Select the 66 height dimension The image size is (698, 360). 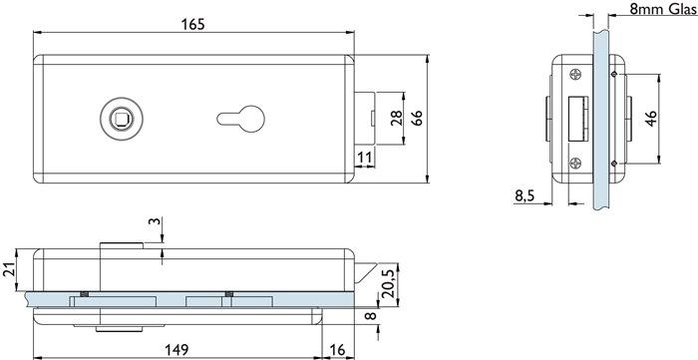pyautogui.click(x=419, y=118)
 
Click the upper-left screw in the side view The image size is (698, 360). pyautogui.click(x=575, y=73)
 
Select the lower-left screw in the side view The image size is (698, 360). pyautogui.click(x=575, y=166)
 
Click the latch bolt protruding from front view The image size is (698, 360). pyautogui.click(x=365, y=119)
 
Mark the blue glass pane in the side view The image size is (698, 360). pyautogui.click(x=602, y=120)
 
